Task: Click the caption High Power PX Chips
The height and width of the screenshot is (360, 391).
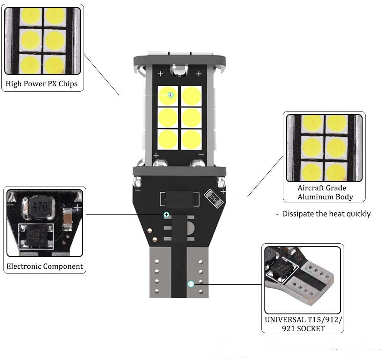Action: tap(42, 84)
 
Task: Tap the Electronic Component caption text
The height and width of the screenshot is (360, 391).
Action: tap(45, 266)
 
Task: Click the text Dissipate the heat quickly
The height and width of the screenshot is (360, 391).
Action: tap(326, 214)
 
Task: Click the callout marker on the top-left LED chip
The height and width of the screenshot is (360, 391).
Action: tap(171, 94)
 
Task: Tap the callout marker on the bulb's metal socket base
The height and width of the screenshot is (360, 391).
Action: tap(191, 283)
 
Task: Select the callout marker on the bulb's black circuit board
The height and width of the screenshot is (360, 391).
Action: tap(166, 214)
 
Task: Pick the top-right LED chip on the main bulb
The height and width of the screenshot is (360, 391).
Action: tap(192, 96)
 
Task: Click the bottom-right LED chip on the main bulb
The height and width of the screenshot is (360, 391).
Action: tap(192, 140)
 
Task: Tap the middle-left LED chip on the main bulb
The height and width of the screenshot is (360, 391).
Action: tap(168, 118)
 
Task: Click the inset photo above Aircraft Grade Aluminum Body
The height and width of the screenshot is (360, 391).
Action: tap(324, 148)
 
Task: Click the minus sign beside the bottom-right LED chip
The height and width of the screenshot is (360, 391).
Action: tap(201, 155)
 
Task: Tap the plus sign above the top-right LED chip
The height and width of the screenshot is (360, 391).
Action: tap(199, 74)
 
